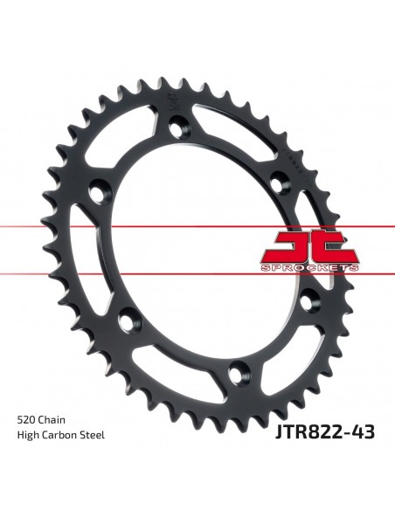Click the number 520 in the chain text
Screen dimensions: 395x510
click(26, 419)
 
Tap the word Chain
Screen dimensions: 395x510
click(52, 419)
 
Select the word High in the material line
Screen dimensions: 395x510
click(28, 435)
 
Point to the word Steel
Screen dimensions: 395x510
click(93, 435)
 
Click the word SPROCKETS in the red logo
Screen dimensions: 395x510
click(309, 268)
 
